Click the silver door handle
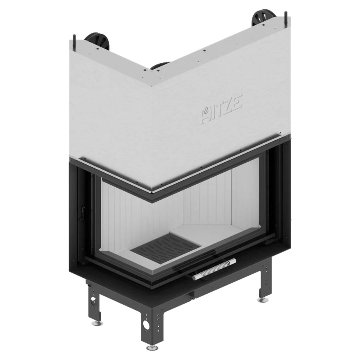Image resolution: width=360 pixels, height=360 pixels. pos(214,269)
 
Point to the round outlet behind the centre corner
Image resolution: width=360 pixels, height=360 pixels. pos(160,65)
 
